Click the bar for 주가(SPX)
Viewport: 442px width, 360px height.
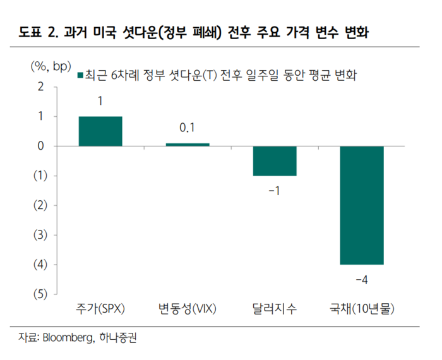click(100, 131)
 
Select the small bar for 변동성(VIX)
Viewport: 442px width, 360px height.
click(187, 145)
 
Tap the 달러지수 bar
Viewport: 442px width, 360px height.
click(275, 161)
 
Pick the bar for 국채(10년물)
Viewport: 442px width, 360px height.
click(362, 205)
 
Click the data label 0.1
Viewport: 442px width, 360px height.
click(187, 128)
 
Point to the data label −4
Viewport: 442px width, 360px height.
click(362, 279)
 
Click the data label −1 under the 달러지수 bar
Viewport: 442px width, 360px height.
click(275, 190)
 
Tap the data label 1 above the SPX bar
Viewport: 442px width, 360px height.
click(100, 101)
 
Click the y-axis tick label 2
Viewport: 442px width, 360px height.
click(40, 87)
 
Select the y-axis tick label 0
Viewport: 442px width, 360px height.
click(40, 146)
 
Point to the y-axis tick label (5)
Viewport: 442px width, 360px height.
click(39, 294)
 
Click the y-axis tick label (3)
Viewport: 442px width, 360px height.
click(39, 235)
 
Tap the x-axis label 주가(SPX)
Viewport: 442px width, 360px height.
click(100, 309)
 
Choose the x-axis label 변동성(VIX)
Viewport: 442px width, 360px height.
click(188, 309)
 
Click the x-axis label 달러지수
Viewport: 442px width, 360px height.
click(275, 309)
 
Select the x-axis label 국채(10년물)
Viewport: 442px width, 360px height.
click(362, 309)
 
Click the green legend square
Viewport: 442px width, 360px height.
click(80, 76)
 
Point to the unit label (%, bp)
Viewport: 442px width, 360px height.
click(49, 66)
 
